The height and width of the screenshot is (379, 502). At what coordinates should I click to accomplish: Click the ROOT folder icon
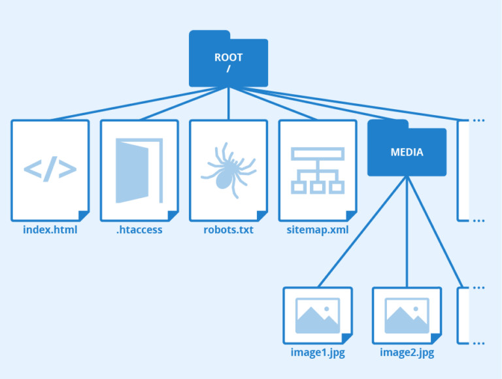(x=228, y=60)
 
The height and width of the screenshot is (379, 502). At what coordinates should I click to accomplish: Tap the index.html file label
(x=50, y=230)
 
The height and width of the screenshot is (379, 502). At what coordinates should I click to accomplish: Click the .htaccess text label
(x=139, y=230)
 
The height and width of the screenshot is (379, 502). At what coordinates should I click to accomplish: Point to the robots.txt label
(x=228, y=230)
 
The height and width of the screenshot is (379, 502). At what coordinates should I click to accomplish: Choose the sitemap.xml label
(x=318, y=230)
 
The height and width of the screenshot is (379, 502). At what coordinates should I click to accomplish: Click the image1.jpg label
(x=318, y=353)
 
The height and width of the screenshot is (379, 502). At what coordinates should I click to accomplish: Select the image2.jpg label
(x=407, y=353)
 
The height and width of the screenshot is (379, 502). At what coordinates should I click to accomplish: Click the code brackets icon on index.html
(x=50, y=169)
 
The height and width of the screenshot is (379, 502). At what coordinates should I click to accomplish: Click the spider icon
(x=228, y=169)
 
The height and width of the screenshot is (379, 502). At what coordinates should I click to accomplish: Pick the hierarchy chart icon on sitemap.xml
(x=318, y=170)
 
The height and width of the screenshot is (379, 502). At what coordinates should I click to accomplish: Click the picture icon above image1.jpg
(x=318, y=316)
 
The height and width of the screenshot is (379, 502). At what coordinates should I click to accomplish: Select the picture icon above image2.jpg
(x=407, y=316)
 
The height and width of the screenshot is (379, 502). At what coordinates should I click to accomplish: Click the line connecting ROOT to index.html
(x=131, y=105)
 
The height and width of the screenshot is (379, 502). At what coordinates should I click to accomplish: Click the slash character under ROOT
(x=228, y=68)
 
